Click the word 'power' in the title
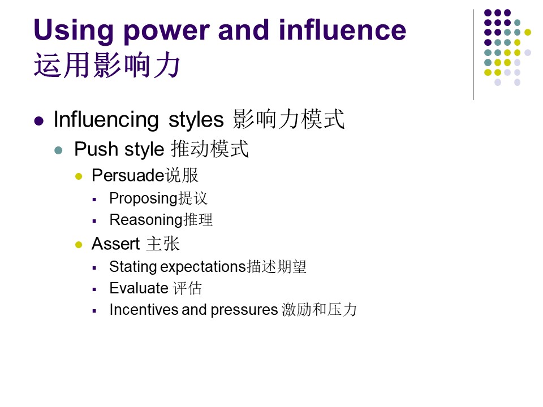click(166, 32)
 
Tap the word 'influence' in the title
click(343, 30)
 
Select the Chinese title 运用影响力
click(107, 66)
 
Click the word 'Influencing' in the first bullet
click(106, 120)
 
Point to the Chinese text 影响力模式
click(288, 119)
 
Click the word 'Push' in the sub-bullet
click(96, 149)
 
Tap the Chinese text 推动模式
click(210, 149)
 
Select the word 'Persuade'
click(128, 175)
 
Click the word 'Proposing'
click(143, 198)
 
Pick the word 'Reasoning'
click(146, 220)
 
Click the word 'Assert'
click(115, 244)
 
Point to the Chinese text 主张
click(163, 244)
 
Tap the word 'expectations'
click(203, 267)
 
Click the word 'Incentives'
click(144, 309)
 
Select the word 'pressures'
click(244, 310)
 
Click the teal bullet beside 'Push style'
click(58, 150)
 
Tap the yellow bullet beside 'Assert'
click(79, 245)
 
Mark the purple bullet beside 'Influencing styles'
click(39, 121)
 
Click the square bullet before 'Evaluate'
click(94, 289)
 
